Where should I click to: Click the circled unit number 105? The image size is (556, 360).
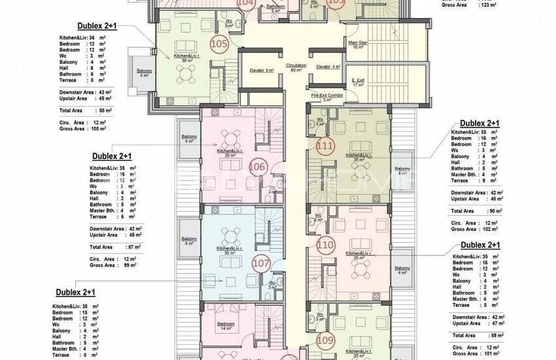[x=219, y=44]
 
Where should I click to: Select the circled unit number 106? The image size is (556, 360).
[x=257, y=167]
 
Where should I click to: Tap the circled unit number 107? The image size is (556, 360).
[x=260, y=264]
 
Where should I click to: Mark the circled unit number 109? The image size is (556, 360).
[x=325, y=340]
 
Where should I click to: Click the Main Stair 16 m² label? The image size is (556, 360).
[x=358, y=45]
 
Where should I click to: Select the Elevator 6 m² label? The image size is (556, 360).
[x=262, y=70]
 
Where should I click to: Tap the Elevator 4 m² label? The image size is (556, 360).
[x=328, y=67]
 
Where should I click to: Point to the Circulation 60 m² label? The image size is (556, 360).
[x=296, y=67]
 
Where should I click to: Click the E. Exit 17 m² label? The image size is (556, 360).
[x=358, y=82]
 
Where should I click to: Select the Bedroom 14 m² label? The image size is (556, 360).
[x=226, y=326]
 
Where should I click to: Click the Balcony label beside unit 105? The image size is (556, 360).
[x=144, y=72]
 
